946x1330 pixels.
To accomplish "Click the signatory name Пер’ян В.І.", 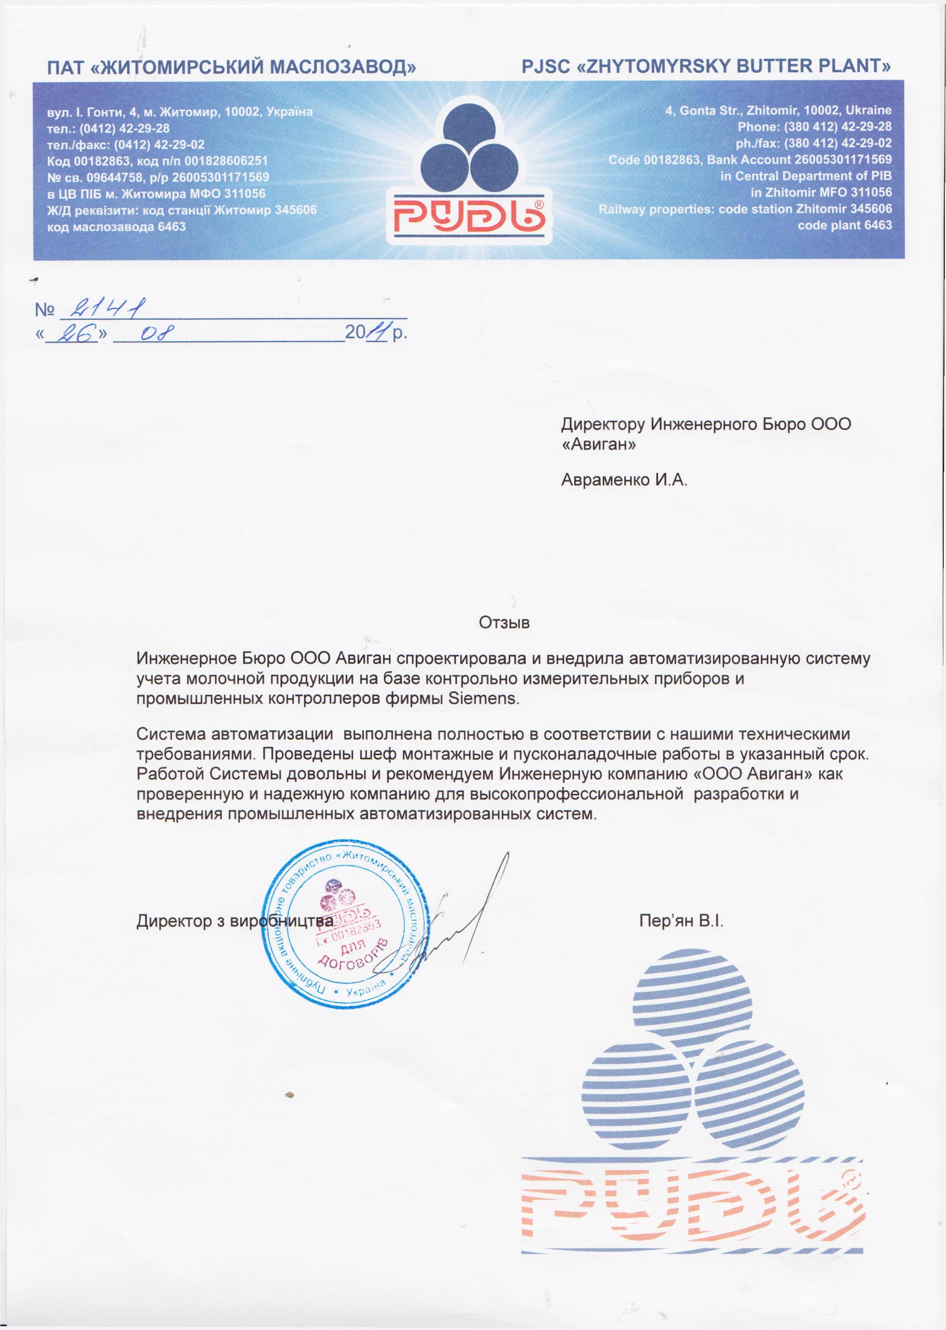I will coord(681,921).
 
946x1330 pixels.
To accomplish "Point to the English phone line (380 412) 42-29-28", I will coord(814,126).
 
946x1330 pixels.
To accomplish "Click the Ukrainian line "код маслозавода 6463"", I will coord(116,227).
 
